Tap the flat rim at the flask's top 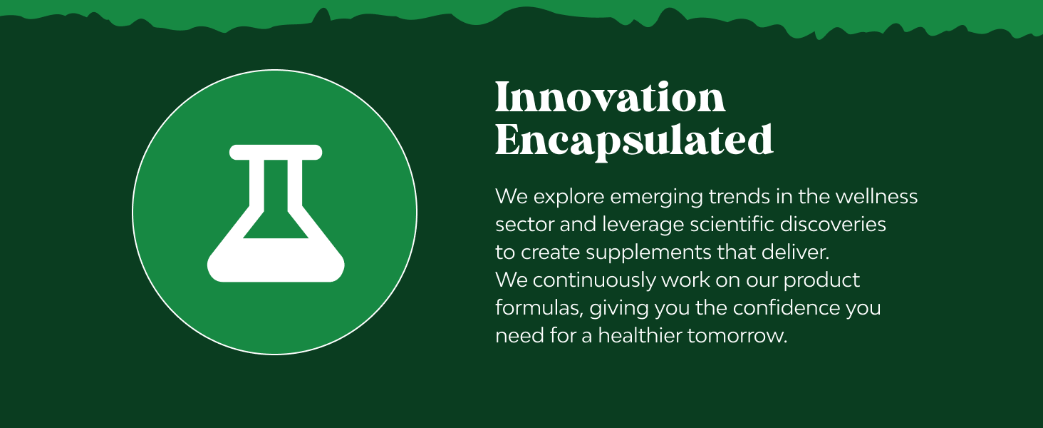[x=276, y=153]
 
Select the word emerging [x=657, y=198]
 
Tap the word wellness [x=876, y=196]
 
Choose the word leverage [x=643, y=225]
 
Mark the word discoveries [x=833, y=224]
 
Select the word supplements [x=648, y=253]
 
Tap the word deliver [x=795, y=253]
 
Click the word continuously [x=594, y=281]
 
